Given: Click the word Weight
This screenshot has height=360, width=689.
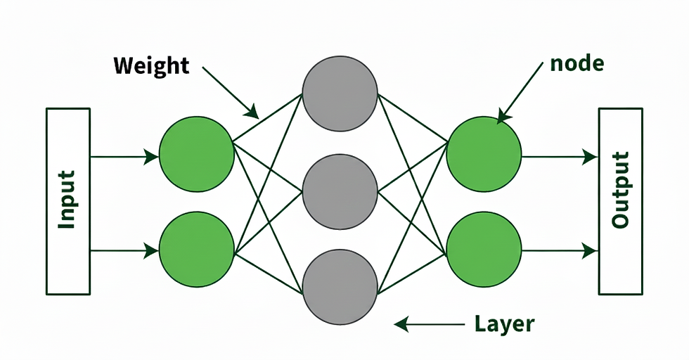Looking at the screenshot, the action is pyautogui.click(x=151, y=66).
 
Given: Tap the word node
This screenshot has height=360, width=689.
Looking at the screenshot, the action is pyautogui.click(x=577, y=64).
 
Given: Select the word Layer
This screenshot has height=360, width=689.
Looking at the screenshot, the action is pyautogui.click(x=505, y=324).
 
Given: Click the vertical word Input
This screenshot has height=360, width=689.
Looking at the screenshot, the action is pyautogui.click(x=67, y=200).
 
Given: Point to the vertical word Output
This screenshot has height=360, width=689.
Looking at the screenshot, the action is pyautogui.click(x=620, y=190).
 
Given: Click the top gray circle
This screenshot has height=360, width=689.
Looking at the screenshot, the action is pyautogui.click(x=340, y=94).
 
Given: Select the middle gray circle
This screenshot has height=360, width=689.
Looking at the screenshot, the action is pyautogui.click(x=340, y=192).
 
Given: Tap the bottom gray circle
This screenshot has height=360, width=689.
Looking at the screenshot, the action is pyautogui.click(x=340, y=287).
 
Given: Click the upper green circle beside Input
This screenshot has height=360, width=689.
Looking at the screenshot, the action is pyautogui.click(x=196, y=154).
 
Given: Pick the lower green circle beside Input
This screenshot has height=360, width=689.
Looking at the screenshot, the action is pyautogui.click(x=196, y=250).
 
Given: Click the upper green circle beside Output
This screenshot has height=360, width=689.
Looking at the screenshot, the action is pyautogui.click(x=484, y=154).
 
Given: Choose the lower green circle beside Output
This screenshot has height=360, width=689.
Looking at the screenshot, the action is pyautogui.click(x=484, y=250).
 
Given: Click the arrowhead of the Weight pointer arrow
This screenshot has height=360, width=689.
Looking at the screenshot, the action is pyautogui.click(x=252, y=112).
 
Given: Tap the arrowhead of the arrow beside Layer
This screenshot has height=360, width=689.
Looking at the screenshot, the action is pyautogui.click(x=401, y=324).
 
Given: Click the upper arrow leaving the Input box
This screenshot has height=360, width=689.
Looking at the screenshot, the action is pyautogui.click(x=124, y=157).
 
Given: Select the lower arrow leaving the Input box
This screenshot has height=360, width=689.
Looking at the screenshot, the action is pyautogui.click(x=124, y=251).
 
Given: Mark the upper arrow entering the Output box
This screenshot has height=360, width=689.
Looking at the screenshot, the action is pyautogui.click(x=560, y=157).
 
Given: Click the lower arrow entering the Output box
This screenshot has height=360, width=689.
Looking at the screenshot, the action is pyautogui.click(x=560, y=251).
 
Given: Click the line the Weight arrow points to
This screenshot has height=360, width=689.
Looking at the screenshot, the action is pyautogui.click(x=268, y=118).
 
